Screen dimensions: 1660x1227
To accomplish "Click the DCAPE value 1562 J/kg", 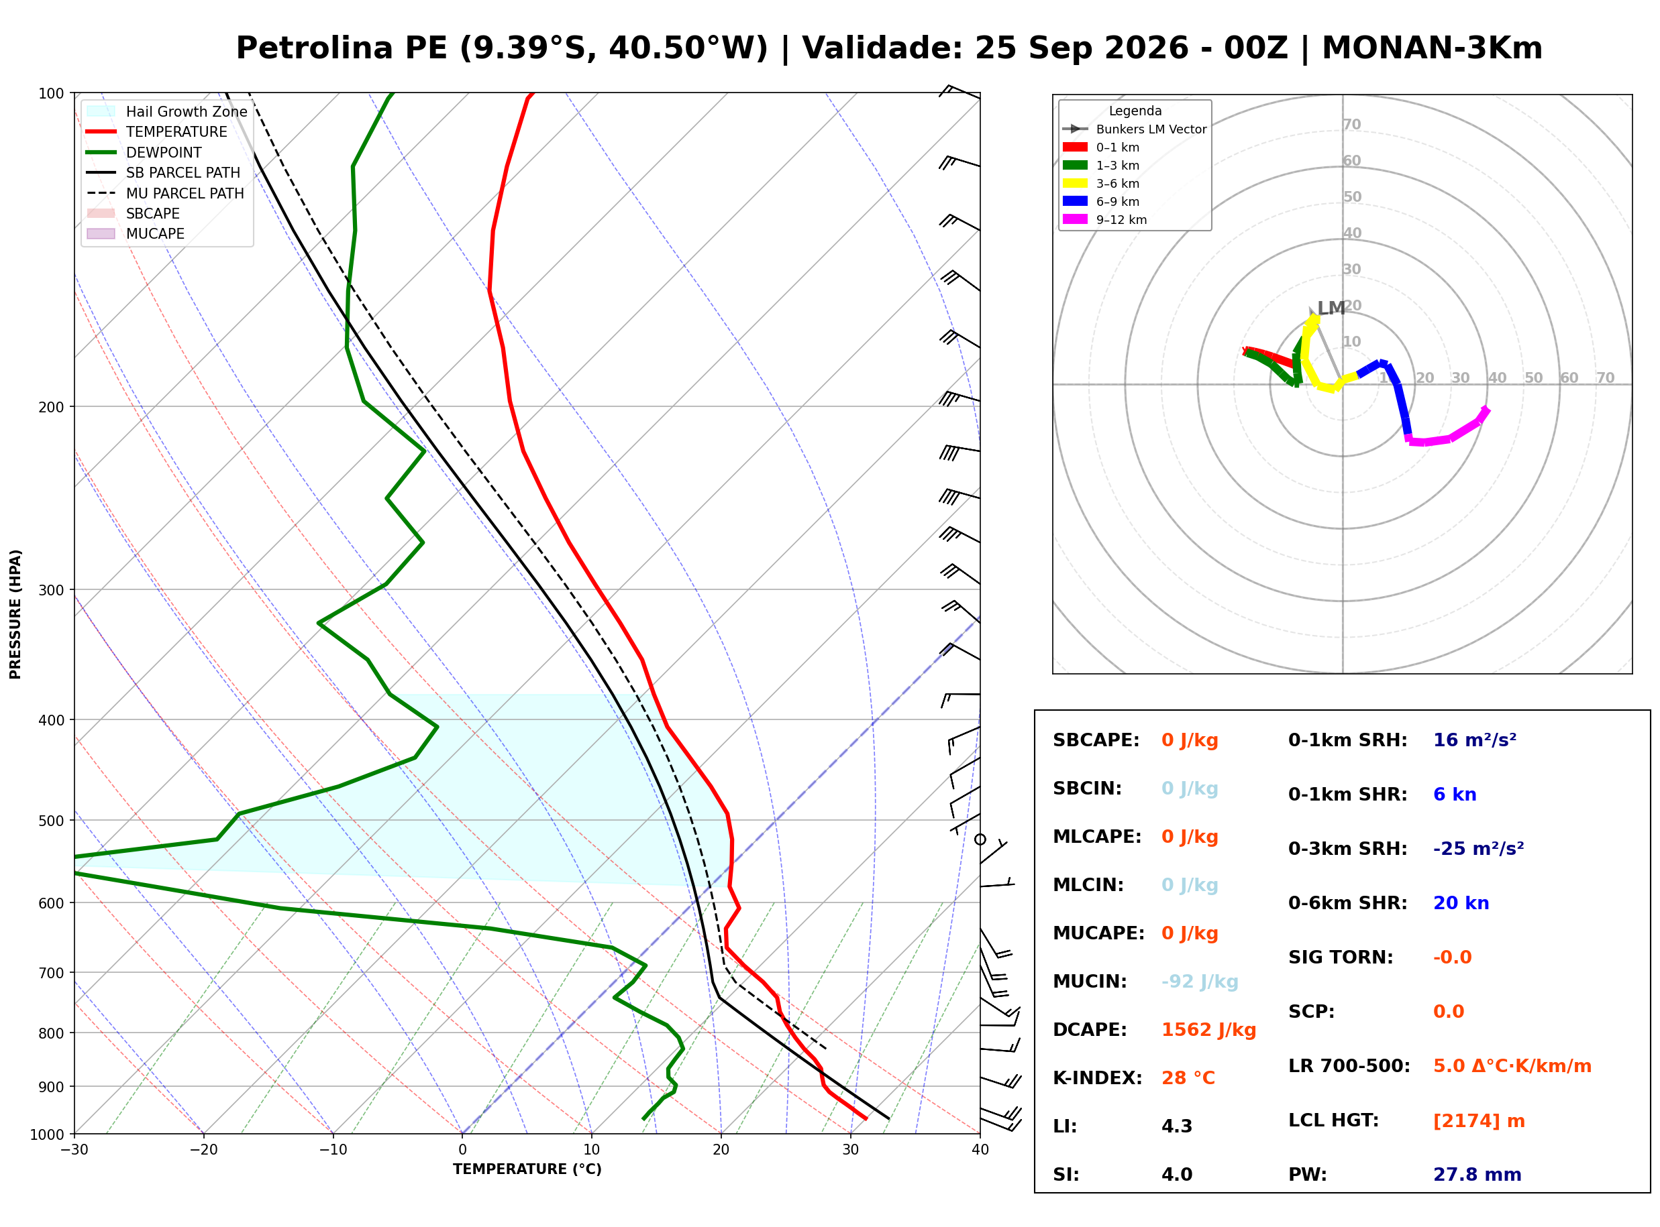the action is click(x=1208, y=1030).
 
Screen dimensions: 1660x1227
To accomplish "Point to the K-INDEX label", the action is click(x=1097, y=1078).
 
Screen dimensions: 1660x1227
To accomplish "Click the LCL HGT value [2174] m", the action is click(x=1479, y=1122).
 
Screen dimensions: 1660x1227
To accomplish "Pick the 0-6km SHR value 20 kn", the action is click(x=1461, y=903).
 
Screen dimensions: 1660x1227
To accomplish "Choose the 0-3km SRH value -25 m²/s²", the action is click(x=1478, y=849).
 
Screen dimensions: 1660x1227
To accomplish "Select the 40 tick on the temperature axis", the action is click(x=980, y=1150).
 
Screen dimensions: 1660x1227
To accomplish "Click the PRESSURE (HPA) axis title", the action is click(x=15, y=614).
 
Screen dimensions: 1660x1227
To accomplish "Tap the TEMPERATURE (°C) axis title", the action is click(x=527, y=1169).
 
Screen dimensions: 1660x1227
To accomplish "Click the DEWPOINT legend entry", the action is click(x=164, y=152).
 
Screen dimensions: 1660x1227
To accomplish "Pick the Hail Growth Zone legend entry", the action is click(x=187, y=111).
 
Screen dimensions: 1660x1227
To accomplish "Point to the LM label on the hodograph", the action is click(x=1330, y=308).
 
